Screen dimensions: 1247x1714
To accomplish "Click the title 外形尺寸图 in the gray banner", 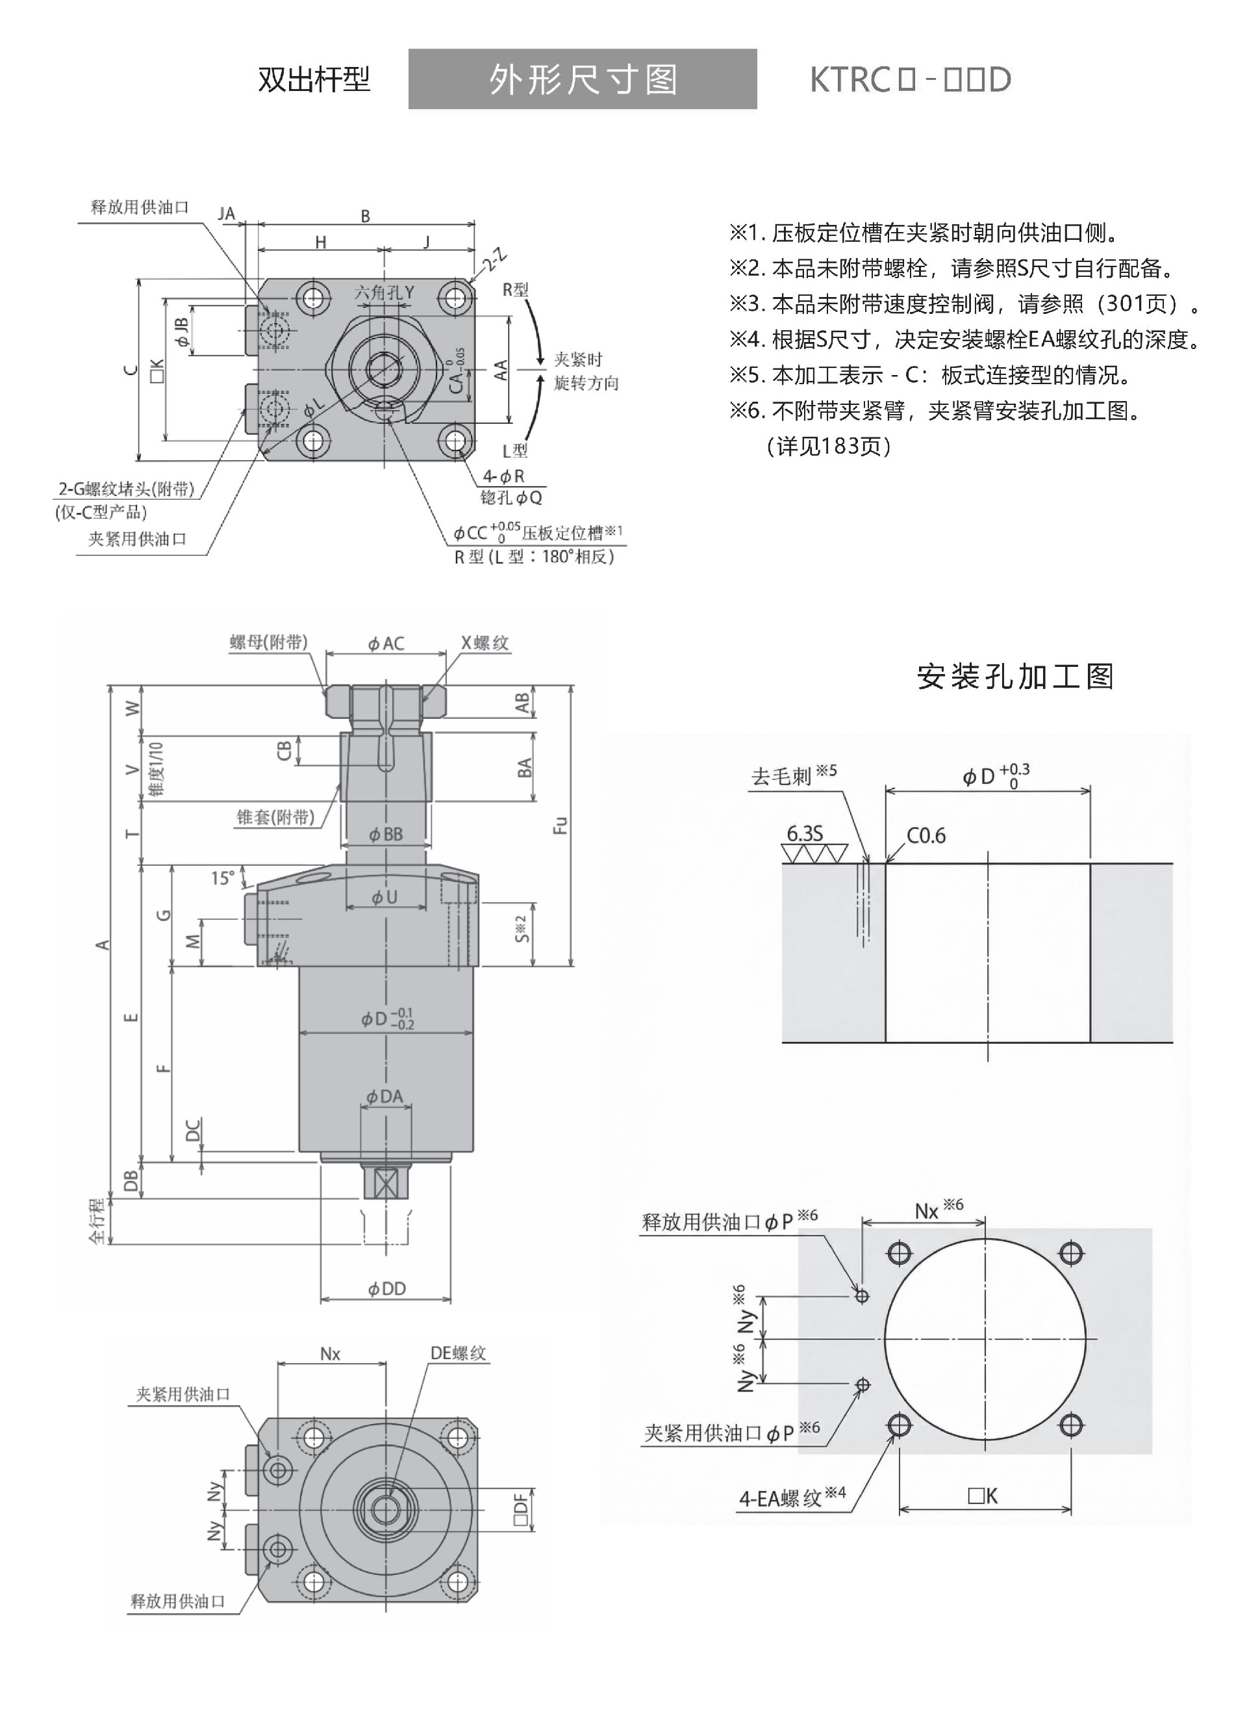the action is (x=583, y=79).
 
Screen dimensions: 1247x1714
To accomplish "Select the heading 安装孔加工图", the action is (x=1015, y=677).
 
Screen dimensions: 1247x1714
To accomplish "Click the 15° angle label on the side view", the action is (x=223, y=878).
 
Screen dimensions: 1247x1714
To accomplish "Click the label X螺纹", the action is (x=485, y=642).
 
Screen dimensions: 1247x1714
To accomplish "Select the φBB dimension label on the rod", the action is (x=386, y=835).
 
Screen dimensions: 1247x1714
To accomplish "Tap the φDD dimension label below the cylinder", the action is (x=386, y=1288).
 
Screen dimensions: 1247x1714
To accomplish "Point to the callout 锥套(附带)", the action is (x=275, y=816).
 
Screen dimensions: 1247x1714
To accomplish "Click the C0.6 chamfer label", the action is (x=926, y=835).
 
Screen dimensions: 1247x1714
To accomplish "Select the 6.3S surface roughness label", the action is (x=805, y=833).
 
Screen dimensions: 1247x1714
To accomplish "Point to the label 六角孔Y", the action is (x=384, y=292).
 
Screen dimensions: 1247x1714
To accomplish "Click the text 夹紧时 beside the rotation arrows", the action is (x=579, y=359).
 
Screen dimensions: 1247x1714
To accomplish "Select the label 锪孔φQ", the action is (x=511, y=497).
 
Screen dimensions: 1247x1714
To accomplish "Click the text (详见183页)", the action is (x=829, y=446).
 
